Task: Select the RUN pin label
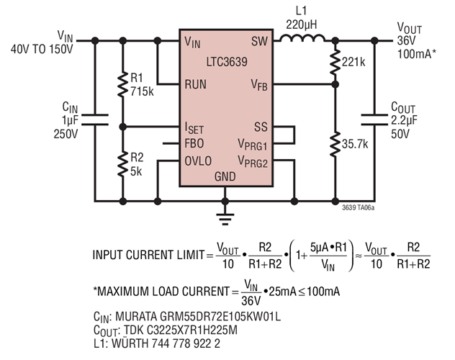[197, 84]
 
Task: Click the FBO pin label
[194, 143]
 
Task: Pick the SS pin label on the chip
[260, 127]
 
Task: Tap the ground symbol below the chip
[225, 214]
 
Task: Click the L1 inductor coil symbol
[297, 40]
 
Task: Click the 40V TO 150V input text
[42, 50]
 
